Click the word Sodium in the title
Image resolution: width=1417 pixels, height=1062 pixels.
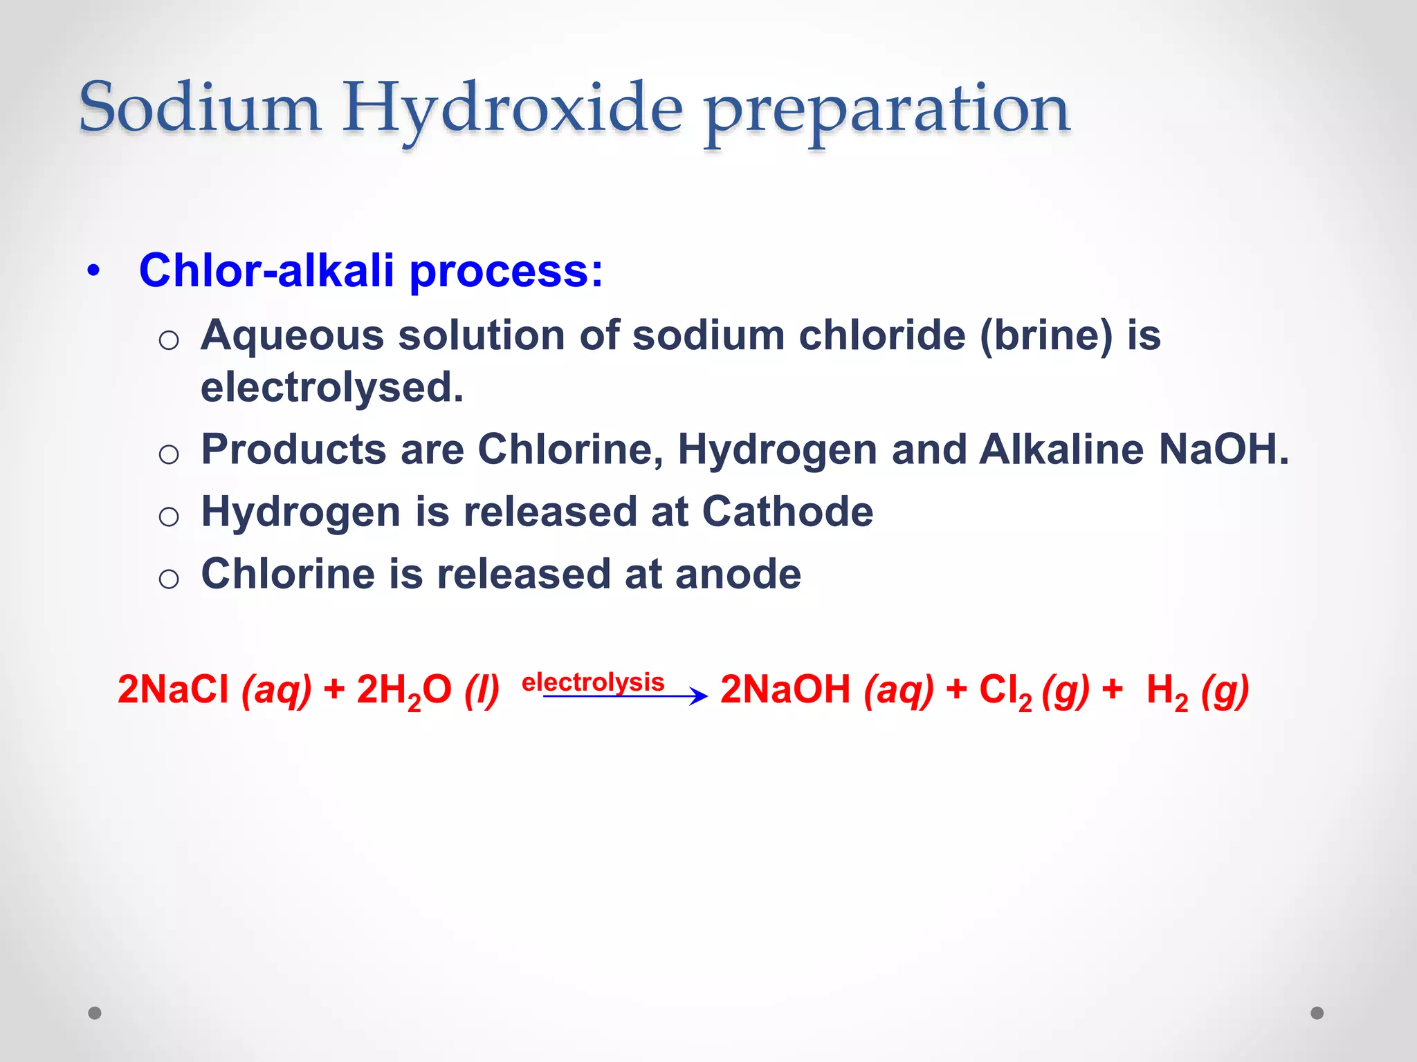pyautogui.click(x=200, y=108)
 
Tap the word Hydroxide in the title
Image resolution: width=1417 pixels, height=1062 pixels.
pyautogui.click(x=513, y=109)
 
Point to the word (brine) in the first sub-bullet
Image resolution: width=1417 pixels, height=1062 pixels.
pyautogui.click(x=1046, y=336)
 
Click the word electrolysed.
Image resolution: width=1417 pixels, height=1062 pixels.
pyautogui.click(x=331, y=387)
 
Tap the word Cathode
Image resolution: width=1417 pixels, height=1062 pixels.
pyautogui.click(x=787, y=512)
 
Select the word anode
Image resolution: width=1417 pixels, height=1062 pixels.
pyautogui.click(x=738, y=574)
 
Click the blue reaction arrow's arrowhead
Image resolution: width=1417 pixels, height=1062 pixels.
pyautogui.click(x=700, y=696)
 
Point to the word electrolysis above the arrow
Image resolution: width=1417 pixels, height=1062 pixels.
pyautogui.click(x=593, y=682)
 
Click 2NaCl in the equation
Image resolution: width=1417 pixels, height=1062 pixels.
pyautogui.click(x=173, y=689)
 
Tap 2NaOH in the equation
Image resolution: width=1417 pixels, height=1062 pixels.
pyautogui.click(x=785, y=689)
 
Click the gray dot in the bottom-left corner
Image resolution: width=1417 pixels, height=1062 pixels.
pyautogui.click(x=95, y=1013)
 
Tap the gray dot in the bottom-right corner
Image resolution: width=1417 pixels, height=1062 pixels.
pyautogui.click(x=1317, y=1013)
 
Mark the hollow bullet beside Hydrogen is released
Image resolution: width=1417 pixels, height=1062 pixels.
pyautogui.click(x=169, y=516)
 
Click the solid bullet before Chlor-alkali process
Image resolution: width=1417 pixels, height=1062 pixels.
pyautogui.click(x=94, y=270)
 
